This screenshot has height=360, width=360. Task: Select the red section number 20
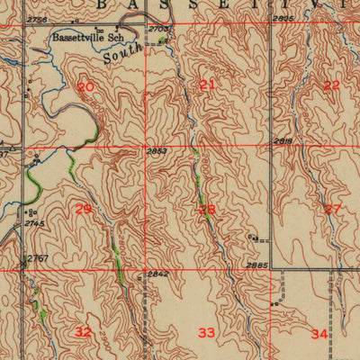pyautogui.click(x=85, y=87)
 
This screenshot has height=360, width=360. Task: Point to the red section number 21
pyautogui.click(x=208, y=85)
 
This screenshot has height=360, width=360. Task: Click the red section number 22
pyautogui.click(x=332, y=85)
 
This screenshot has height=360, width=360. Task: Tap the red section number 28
pyautogui.click(x=208, y=210)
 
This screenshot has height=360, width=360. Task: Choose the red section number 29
pyautogui.click(x=84, y=209)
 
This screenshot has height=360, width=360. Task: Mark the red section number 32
pyautogui.click(x=84, y=332)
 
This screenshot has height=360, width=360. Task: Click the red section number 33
pyautogui.click(x=207, y=333)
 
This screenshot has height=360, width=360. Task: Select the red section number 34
pyautogui.click(x=319, y=334)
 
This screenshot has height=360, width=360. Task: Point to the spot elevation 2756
pyautogui.click(x=38, y=19)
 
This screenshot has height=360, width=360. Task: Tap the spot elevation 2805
pyautogui.click(x=283, y=18)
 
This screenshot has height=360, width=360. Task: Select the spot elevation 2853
pyautogui.click(x=157, y=151)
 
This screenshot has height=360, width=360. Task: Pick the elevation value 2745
pyautogui.click(x=35, y=223)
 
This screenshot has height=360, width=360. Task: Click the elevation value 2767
pyautogui.click(x=37, y=259)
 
